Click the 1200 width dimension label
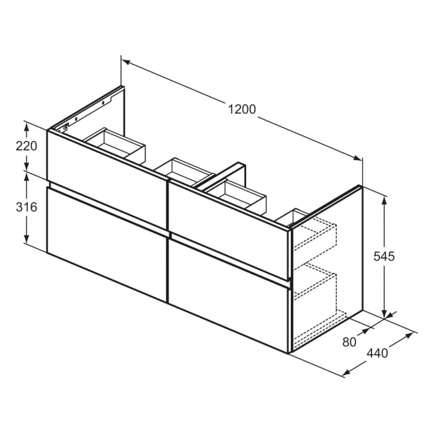coord(242,110)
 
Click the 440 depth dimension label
coord(378,353)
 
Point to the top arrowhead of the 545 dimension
coord(385,200)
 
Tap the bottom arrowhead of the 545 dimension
coord(385,314)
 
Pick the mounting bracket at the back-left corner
coord(61,128)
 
